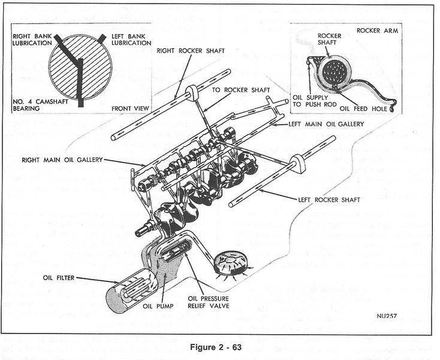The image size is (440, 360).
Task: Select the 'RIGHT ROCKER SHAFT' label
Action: (x=191, y=51)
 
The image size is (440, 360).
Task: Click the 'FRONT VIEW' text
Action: (x=129, y=109)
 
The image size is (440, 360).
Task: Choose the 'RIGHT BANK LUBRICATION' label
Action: (x=32, y=40)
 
